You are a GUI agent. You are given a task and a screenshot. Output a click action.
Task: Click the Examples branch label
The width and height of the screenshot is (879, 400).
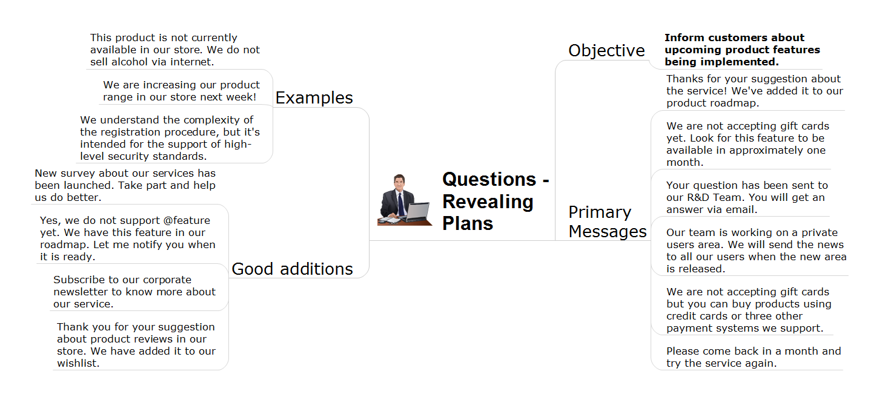pyautogui.click(x=314, y=97)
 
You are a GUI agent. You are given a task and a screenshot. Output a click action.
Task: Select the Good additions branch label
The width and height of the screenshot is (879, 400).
pyautogui.click(x=293, y=269)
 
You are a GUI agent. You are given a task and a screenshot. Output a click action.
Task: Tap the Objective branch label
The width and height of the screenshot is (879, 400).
pyautogui.click(x=606, y=51)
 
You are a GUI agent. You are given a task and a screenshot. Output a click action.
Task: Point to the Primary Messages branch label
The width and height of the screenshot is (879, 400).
pyautogui.click(x=608, y=221)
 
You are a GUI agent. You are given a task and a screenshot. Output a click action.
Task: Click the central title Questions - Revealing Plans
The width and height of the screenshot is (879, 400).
pyautogui.click(x=496, y=201)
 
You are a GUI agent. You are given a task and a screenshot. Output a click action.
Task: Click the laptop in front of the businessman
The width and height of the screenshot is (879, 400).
pyautogui.click(x=419, y=212)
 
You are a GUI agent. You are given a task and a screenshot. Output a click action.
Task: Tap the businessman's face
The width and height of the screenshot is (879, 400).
pyautogui.click(x=399, y=183)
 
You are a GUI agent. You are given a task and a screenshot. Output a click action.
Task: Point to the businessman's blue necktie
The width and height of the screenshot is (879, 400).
pyautogui.click(x=401, y=203)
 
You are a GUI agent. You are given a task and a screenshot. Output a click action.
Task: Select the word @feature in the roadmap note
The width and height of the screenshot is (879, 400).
pyautogui.click(x=187, y=221)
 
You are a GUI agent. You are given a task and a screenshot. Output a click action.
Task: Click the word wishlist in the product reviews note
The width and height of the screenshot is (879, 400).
pyautogui.click(x=78, y=364)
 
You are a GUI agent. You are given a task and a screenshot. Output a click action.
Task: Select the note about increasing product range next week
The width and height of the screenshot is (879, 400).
pyautogui.click(x=181, y=91)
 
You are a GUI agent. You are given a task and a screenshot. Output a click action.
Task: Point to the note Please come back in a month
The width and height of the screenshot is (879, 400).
pyautogui.click(x=754, y=357)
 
